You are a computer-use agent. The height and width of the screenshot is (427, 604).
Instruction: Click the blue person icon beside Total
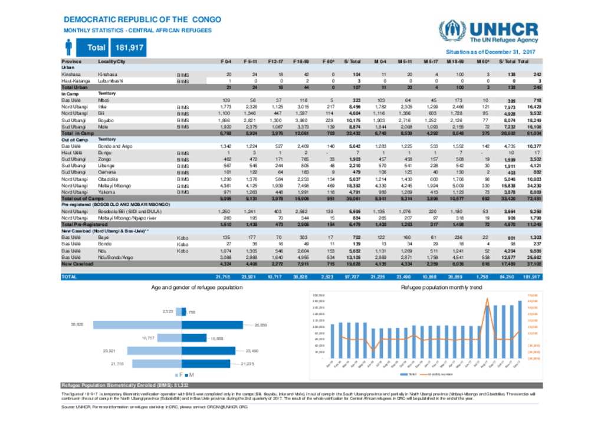point(68,47)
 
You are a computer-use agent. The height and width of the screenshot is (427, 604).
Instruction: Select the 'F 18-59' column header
point(300,62)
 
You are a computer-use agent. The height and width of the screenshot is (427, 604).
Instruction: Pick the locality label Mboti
point(103,100)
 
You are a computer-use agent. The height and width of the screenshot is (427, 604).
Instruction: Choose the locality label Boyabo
point(106,120)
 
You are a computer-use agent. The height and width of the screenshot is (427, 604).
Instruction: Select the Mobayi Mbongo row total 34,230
point(533,185)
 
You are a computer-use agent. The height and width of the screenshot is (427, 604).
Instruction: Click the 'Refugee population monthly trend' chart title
point(442,287)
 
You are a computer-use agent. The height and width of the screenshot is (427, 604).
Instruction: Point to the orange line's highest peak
point(487,298)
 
